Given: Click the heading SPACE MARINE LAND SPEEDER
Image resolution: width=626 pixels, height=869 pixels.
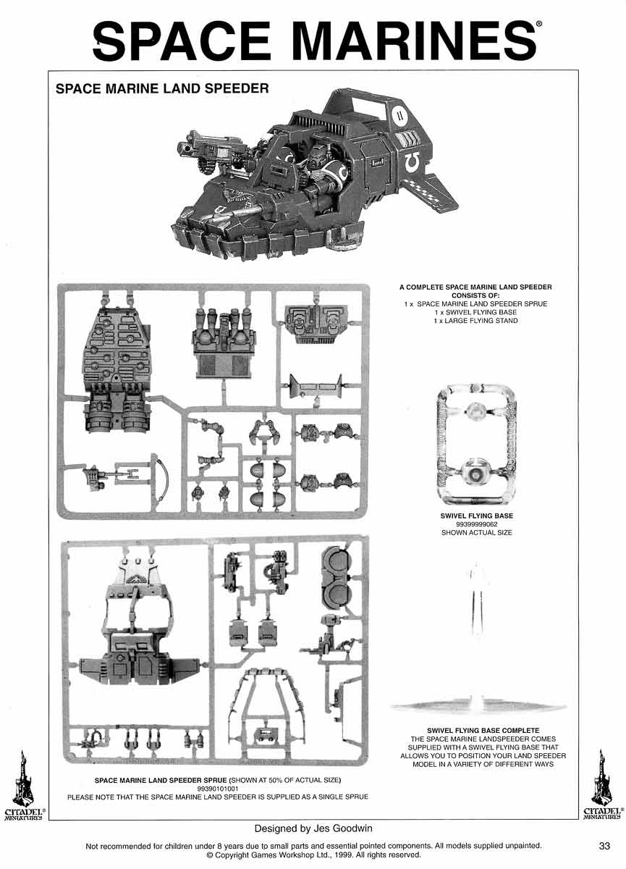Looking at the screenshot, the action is [162, 88].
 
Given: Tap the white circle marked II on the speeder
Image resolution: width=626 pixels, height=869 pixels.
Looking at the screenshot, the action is [398, 115].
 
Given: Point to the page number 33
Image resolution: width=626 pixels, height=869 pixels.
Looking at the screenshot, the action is [604, 845].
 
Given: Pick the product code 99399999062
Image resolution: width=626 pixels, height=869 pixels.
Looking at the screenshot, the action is [477, 524].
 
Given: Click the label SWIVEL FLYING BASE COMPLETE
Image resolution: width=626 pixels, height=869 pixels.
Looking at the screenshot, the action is [483, 730].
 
